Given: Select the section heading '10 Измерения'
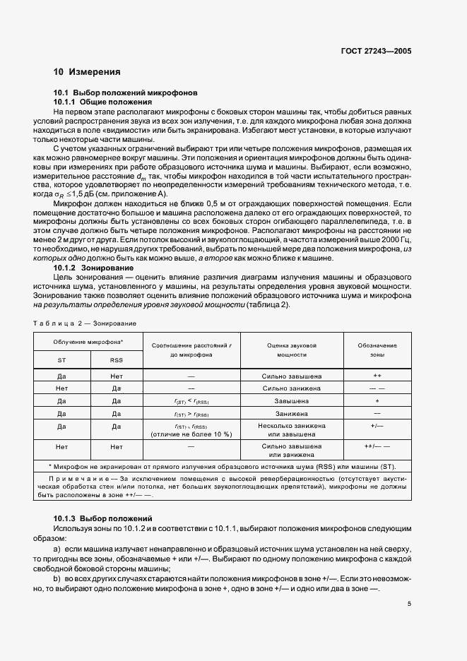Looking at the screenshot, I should pyautogui.click(x=87, y=72).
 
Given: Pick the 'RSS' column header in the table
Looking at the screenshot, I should pyautogui.click(x=116, y=359).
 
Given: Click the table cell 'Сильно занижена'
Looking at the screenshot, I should pyautogui.click(x=292, y=388).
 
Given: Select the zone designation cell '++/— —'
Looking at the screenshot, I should pyautogui.click(x=377, y=447).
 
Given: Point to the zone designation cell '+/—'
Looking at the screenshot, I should pyautogui.click(x=377, y=427).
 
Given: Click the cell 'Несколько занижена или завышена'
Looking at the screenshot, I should pyautogui.click(x=292, y=430).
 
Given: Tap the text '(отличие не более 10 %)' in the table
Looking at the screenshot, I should pyautogui.click(x=191, y=434).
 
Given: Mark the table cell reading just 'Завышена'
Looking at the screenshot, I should pyautogui.click(x=292, y=400).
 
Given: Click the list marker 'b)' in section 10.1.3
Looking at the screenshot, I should pyautogui.click(x=57, y=578).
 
